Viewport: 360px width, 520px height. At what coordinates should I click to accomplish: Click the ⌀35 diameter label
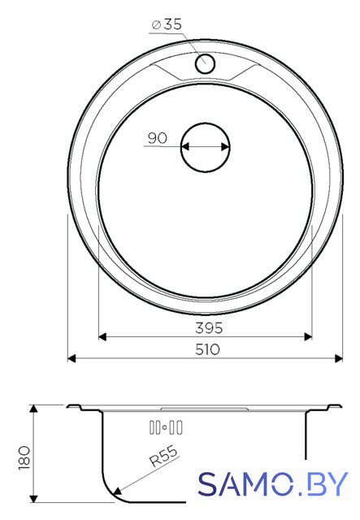(x=167, y=24)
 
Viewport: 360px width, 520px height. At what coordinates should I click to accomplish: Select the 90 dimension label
(x=158, y=138)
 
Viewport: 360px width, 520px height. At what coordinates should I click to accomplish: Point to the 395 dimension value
(x=209, y=328)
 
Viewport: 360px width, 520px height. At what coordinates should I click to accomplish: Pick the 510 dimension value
(x=207, y=349)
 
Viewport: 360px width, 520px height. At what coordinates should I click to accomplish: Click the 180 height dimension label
(x=25, y=457)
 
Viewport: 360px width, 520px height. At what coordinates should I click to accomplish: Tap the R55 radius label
(x=164, y=456)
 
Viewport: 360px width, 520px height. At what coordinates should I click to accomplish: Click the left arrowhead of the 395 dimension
(x=102, y=337)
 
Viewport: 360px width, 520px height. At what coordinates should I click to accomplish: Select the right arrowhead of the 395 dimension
(x=308, y=337)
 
